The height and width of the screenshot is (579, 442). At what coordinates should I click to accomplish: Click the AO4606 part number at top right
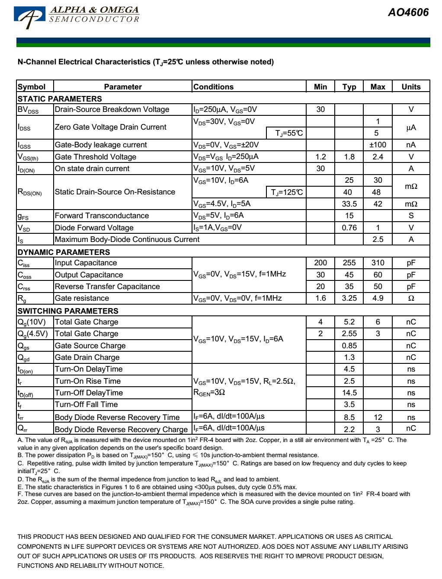408,13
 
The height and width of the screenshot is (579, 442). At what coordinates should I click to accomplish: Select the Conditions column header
213,87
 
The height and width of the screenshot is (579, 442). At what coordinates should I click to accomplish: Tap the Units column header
411,87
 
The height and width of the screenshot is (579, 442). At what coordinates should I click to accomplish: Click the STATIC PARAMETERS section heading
60,99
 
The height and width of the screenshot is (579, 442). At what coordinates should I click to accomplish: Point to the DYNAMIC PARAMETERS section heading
64,252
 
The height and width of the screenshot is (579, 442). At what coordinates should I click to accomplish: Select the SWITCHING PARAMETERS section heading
68,311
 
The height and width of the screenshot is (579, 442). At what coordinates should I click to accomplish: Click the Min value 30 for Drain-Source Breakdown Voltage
320,109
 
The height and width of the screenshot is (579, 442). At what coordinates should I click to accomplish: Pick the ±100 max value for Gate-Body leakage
378,145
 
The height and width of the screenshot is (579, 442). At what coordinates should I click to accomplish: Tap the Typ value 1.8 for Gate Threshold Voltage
349,157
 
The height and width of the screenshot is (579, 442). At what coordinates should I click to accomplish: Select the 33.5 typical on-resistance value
349,204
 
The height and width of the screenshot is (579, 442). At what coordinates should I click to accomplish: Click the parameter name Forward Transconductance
102,216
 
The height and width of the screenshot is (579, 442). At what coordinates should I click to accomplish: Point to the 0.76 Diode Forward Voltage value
349,228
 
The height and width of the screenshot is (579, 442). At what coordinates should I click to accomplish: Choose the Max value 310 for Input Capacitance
378,263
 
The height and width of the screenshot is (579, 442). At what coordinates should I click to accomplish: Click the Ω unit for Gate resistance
411,298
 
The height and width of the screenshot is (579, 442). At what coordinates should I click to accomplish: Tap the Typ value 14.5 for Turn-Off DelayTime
349,393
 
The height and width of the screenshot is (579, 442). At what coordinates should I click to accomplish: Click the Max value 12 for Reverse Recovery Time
378,417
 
